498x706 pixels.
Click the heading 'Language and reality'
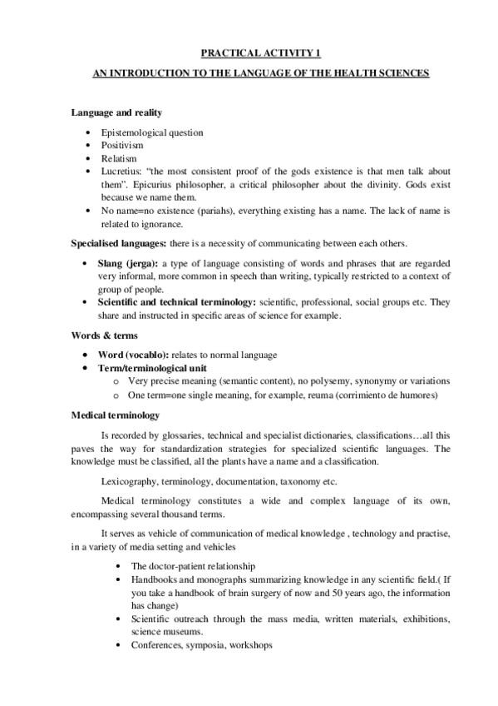pyautogui.click(x=116, y=112)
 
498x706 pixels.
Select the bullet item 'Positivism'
pyautogui.click(x=122, y=145)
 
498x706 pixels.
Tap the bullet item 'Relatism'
pyautogui.click(x=118, y=157)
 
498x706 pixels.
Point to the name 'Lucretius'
pyautogui.click(x=121, y=171)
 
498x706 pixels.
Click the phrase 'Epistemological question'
pyautogui.click(x=152, y=132)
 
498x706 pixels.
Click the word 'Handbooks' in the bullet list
pyautogui.click(x=154, y=579)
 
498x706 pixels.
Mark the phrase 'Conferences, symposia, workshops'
pyautogui.click(x=201, y=645)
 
